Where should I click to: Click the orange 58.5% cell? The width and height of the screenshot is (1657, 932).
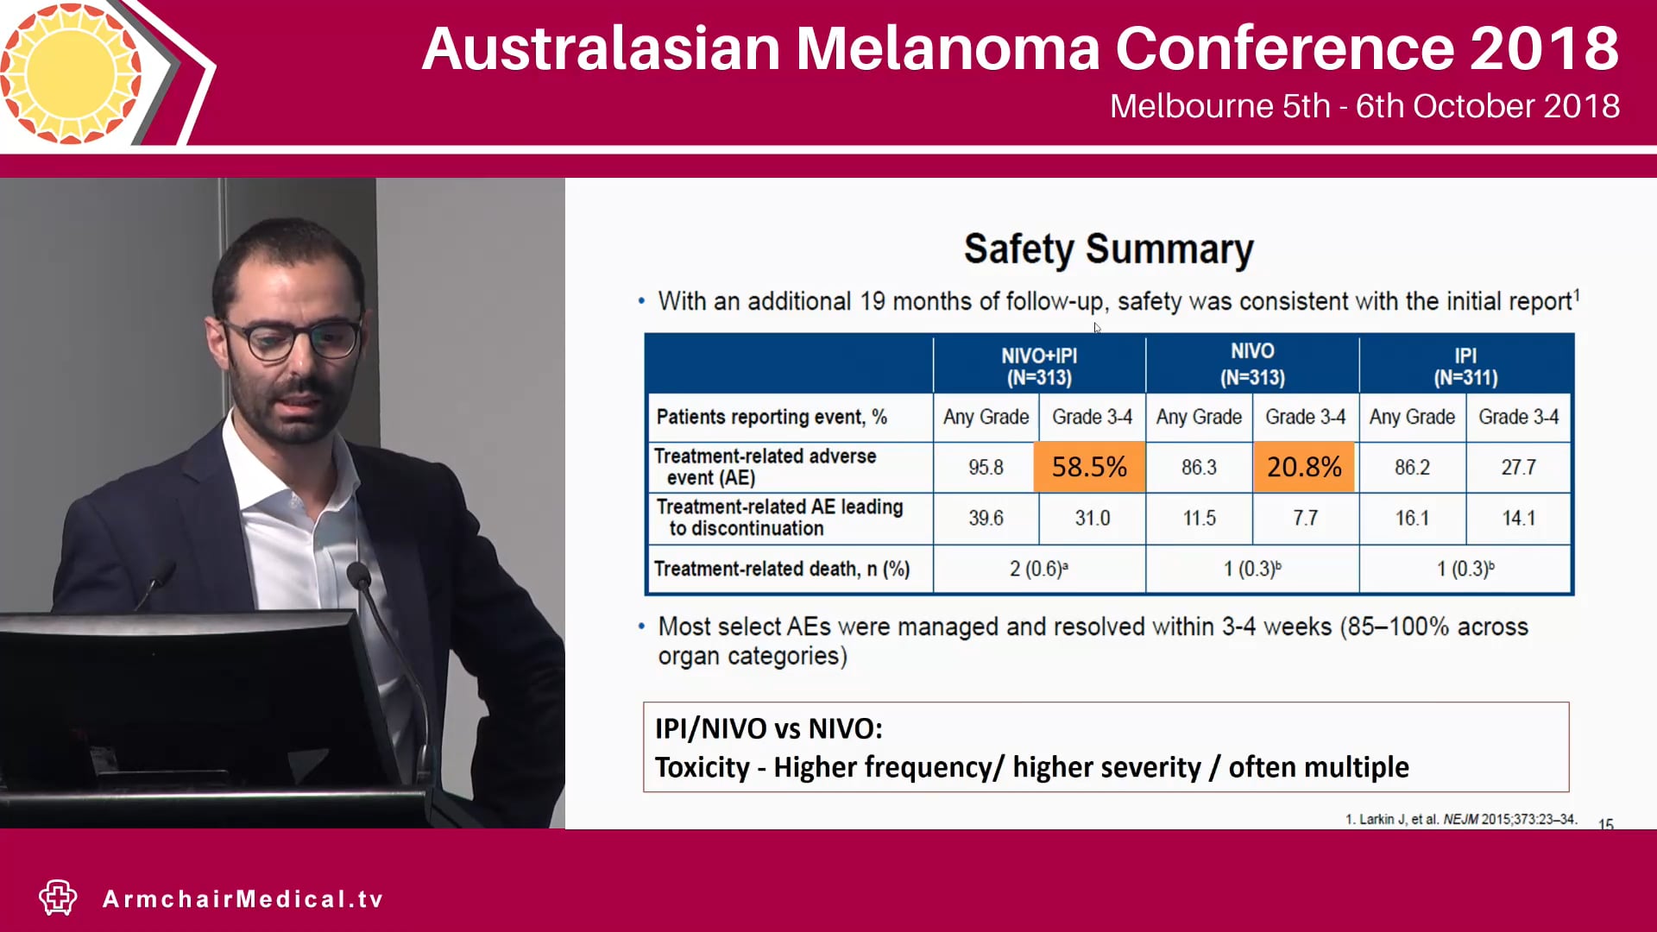pos(1089,467)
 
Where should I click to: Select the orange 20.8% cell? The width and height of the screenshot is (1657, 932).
pos(1303,467)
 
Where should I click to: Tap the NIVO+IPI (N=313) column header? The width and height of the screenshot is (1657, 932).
pos(1039,367)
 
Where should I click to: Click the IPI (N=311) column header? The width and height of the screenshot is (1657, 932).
pos(1465,367)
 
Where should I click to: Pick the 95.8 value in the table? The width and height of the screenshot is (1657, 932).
pos(986,468)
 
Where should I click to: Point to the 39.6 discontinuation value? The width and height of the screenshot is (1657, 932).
pos(986,519)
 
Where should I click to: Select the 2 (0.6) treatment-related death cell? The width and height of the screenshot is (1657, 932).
pos(1039,570)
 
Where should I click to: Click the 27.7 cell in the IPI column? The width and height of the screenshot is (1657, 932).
pos(1518,468)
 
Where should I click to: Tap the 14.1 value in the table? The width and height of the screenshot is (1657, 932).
pos(1518,519)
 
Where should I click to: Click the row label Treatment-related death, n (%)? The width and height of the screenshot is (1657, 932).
pos(782,570)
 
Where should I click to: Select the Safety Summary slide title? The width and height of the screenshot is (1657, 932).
pos(1108,249)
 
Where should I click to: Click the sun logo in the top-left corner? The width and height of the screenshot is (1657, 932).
pos(71,72)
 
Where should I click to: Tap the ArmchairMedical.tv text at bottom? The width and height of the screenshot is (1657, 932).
pos(243,899)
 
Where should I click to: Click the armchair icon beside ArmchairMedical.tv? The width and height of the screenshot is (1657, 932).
pos(58,897)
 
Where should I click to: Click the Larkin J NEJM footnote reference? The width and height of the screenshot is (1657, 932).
pos(1460,819)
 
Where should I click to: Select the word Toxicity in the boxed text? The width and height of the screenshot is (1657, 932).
pos(702,767)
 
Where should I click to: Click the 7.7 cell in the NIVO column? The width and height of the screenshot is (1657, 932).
pos(1305,519)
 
